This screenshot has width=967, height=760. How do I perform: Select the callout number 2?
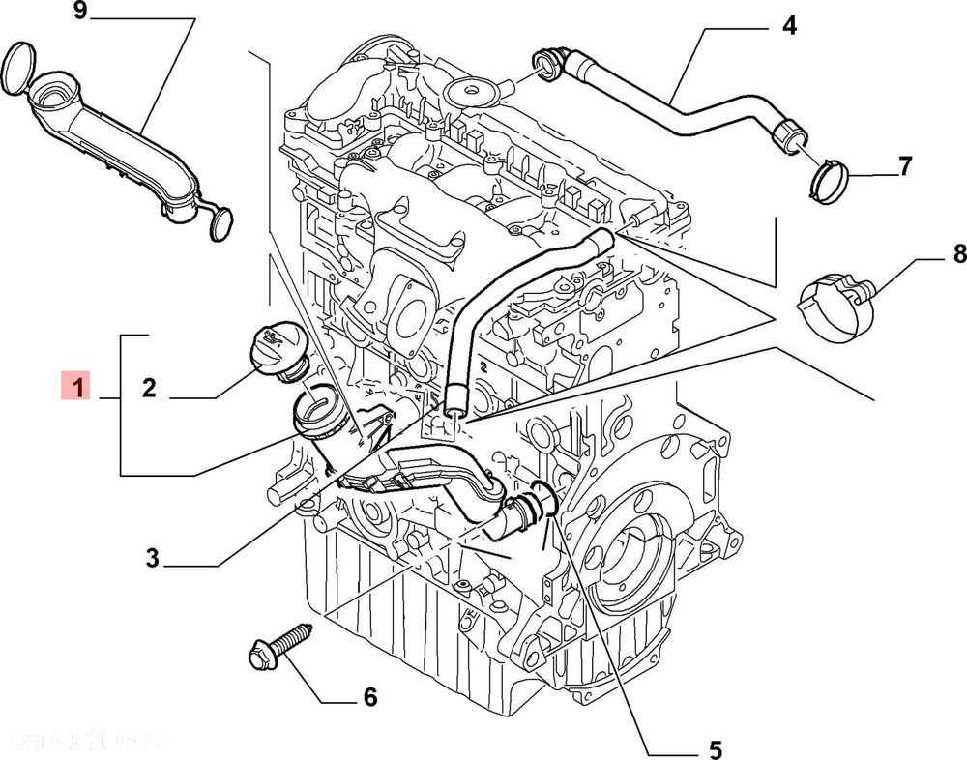[149, 388]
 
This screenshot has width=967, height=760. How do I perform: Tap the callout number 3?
[152, 559]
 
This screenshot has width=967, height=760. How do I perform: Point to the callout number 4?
[789, 25]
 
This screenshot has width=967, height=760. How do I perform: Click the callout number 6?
[368, 696]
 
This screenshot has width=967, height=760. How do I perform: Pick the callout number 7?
[904, 166]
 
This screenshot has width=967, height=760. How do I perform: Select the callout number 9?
[79, 13]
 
